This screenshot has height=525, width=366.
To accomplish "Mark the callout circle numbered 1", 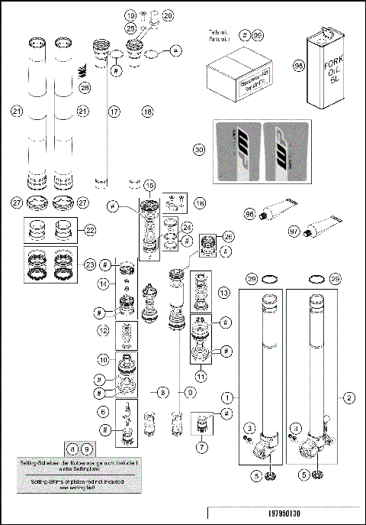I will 226,398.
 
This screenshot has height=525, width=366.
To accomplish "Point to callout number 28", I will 85,89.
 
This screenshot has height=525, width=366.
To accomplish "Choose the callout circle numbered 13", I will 223,293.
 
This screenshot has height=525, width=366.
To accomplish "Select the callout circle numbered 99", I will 258,36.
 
